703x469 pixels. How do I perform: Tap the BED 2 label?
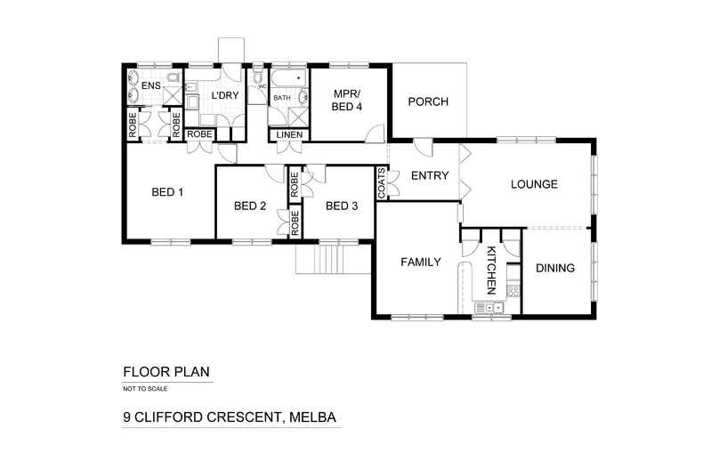click(x=250, y=206)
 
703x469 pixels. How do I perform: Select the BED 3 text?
click(x=342, y=206)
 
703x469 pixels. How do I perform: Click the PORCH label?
click(x=428, y=101)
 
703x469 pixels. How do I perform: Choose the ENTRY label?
click(x=429, y=175)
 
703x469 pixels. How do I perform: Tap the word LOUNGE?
click(x=533, y=185)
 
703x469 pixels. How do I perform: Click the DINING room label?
click(x=554, y=268)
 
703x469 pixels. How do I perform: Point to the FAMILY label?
click(x=421, y=263)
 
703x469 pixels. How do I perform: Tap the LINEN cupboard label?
click(x=289, y=135)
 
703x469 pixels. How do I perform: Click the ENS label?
click(x=151, y=86)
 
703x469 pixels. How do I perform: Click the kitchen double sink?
click(x=489, y=308)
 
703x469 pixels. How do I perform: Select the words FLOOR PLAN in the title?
click(x=166, y=372)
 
